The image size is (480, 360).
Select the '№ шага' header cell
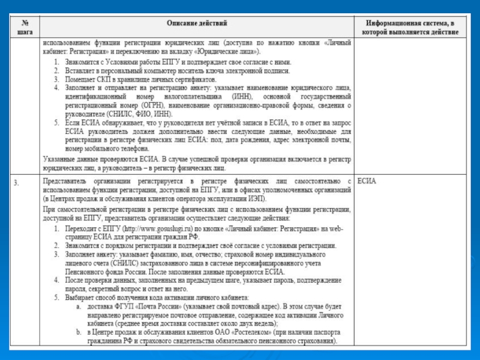tap(25, 27)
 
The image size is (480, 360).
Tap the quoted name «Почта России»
tap(160, 306)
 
